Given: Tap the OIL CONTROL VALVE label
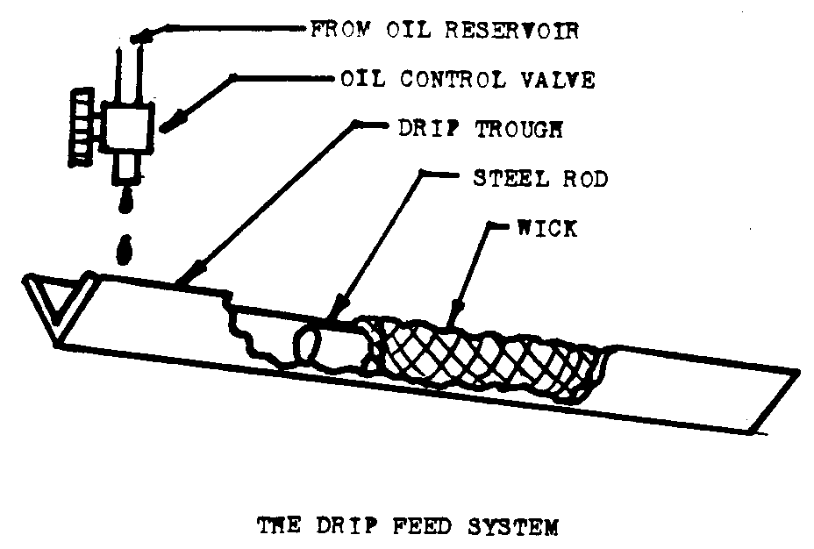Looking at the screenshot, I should click(468, 80).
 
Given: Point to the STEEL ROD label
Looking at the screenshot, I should click(539, 179).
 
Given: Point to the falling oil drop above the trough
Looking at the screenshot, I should click(125, 250).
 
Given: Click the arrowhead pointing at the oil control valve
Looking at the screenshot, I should click(168, 123).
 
